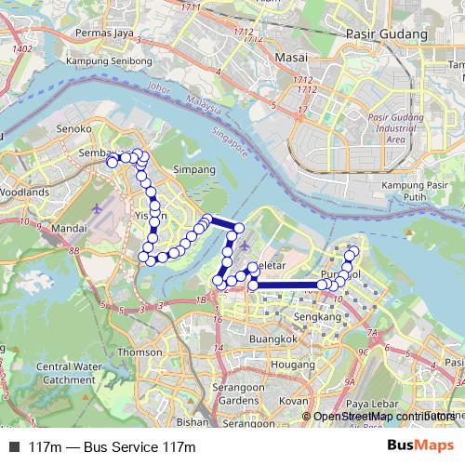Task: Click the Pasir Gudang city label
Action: pos(384,33)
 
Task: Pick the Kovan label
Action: pos(294,401)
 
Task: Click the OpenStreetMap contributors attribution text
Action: pos(383,417)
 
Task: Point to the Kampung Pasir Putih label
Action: pos(416,192)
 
